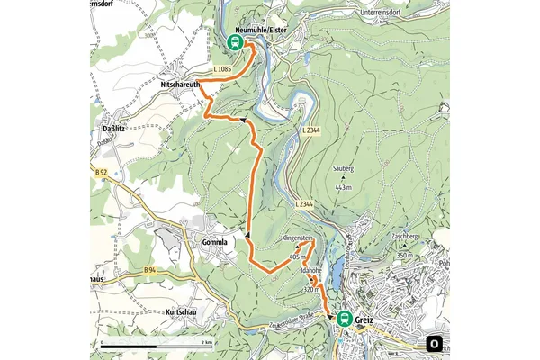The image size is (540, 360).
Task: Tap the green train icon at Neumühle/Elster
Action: point(233,42)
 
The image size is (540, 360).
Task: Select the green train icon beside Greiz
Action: point(345,317)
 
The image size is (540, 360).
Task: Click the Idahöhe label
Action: point(311,270)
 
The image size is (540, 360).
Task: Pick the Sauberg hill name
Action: point(343,168)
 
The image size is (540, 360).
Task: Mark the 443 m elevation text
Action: point(343,187)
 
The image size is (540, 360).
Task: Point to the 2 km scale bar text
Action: point(207,343)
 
